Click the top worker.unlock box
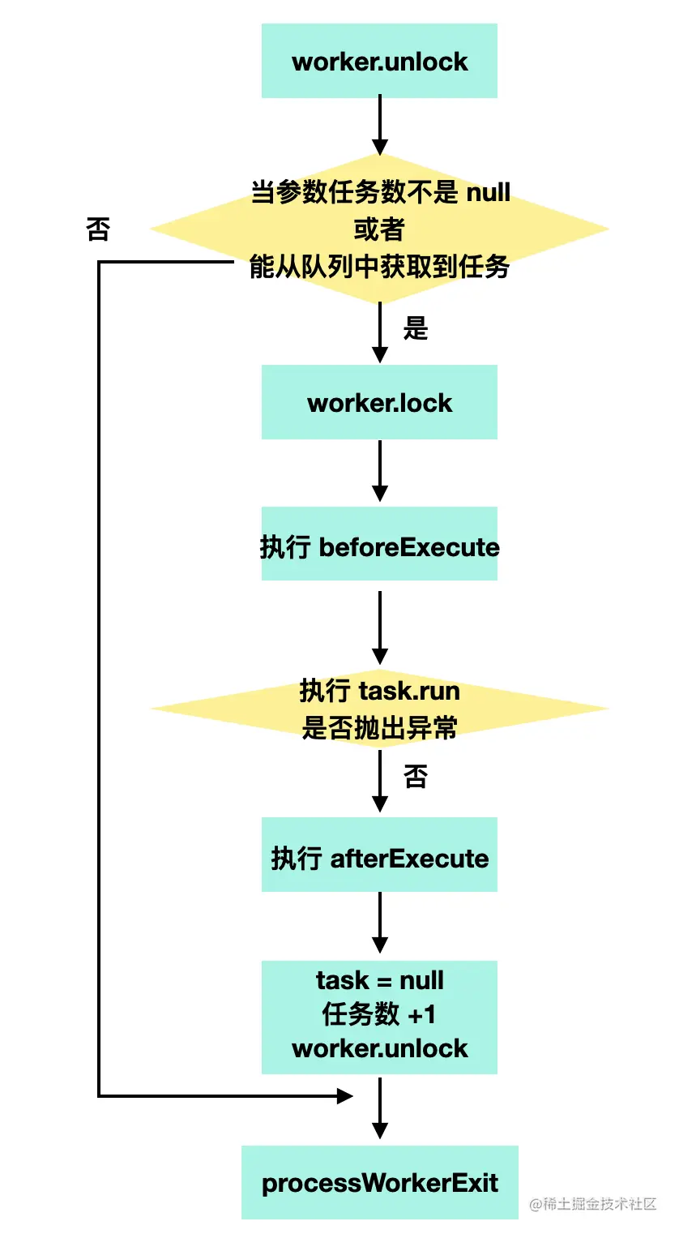coord(379,61)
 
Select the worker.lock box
coord(379,402)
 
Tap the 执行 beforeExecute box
coord(379,544)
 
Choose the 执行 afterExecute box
coord(379,855)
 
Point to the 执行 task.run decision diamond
coord(379,709)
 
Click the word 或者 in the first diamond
coord(379,229)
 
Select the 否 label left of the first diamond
coord(98,229)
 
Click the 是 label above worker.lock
coord(415,328)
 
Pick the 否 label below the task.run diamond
coord(415,777)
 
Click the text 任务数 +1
coord(379,1014)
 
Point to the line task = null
coord(379,980)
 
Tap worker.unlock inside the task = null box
coord(379,1048)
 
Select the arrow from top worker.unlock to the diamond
coord(379,125)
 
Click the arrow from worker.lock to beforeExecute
coord(379,470)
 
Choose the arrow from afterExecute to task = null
coord(379,922)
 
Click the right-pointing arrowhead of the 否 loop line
coord(344,1096)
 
